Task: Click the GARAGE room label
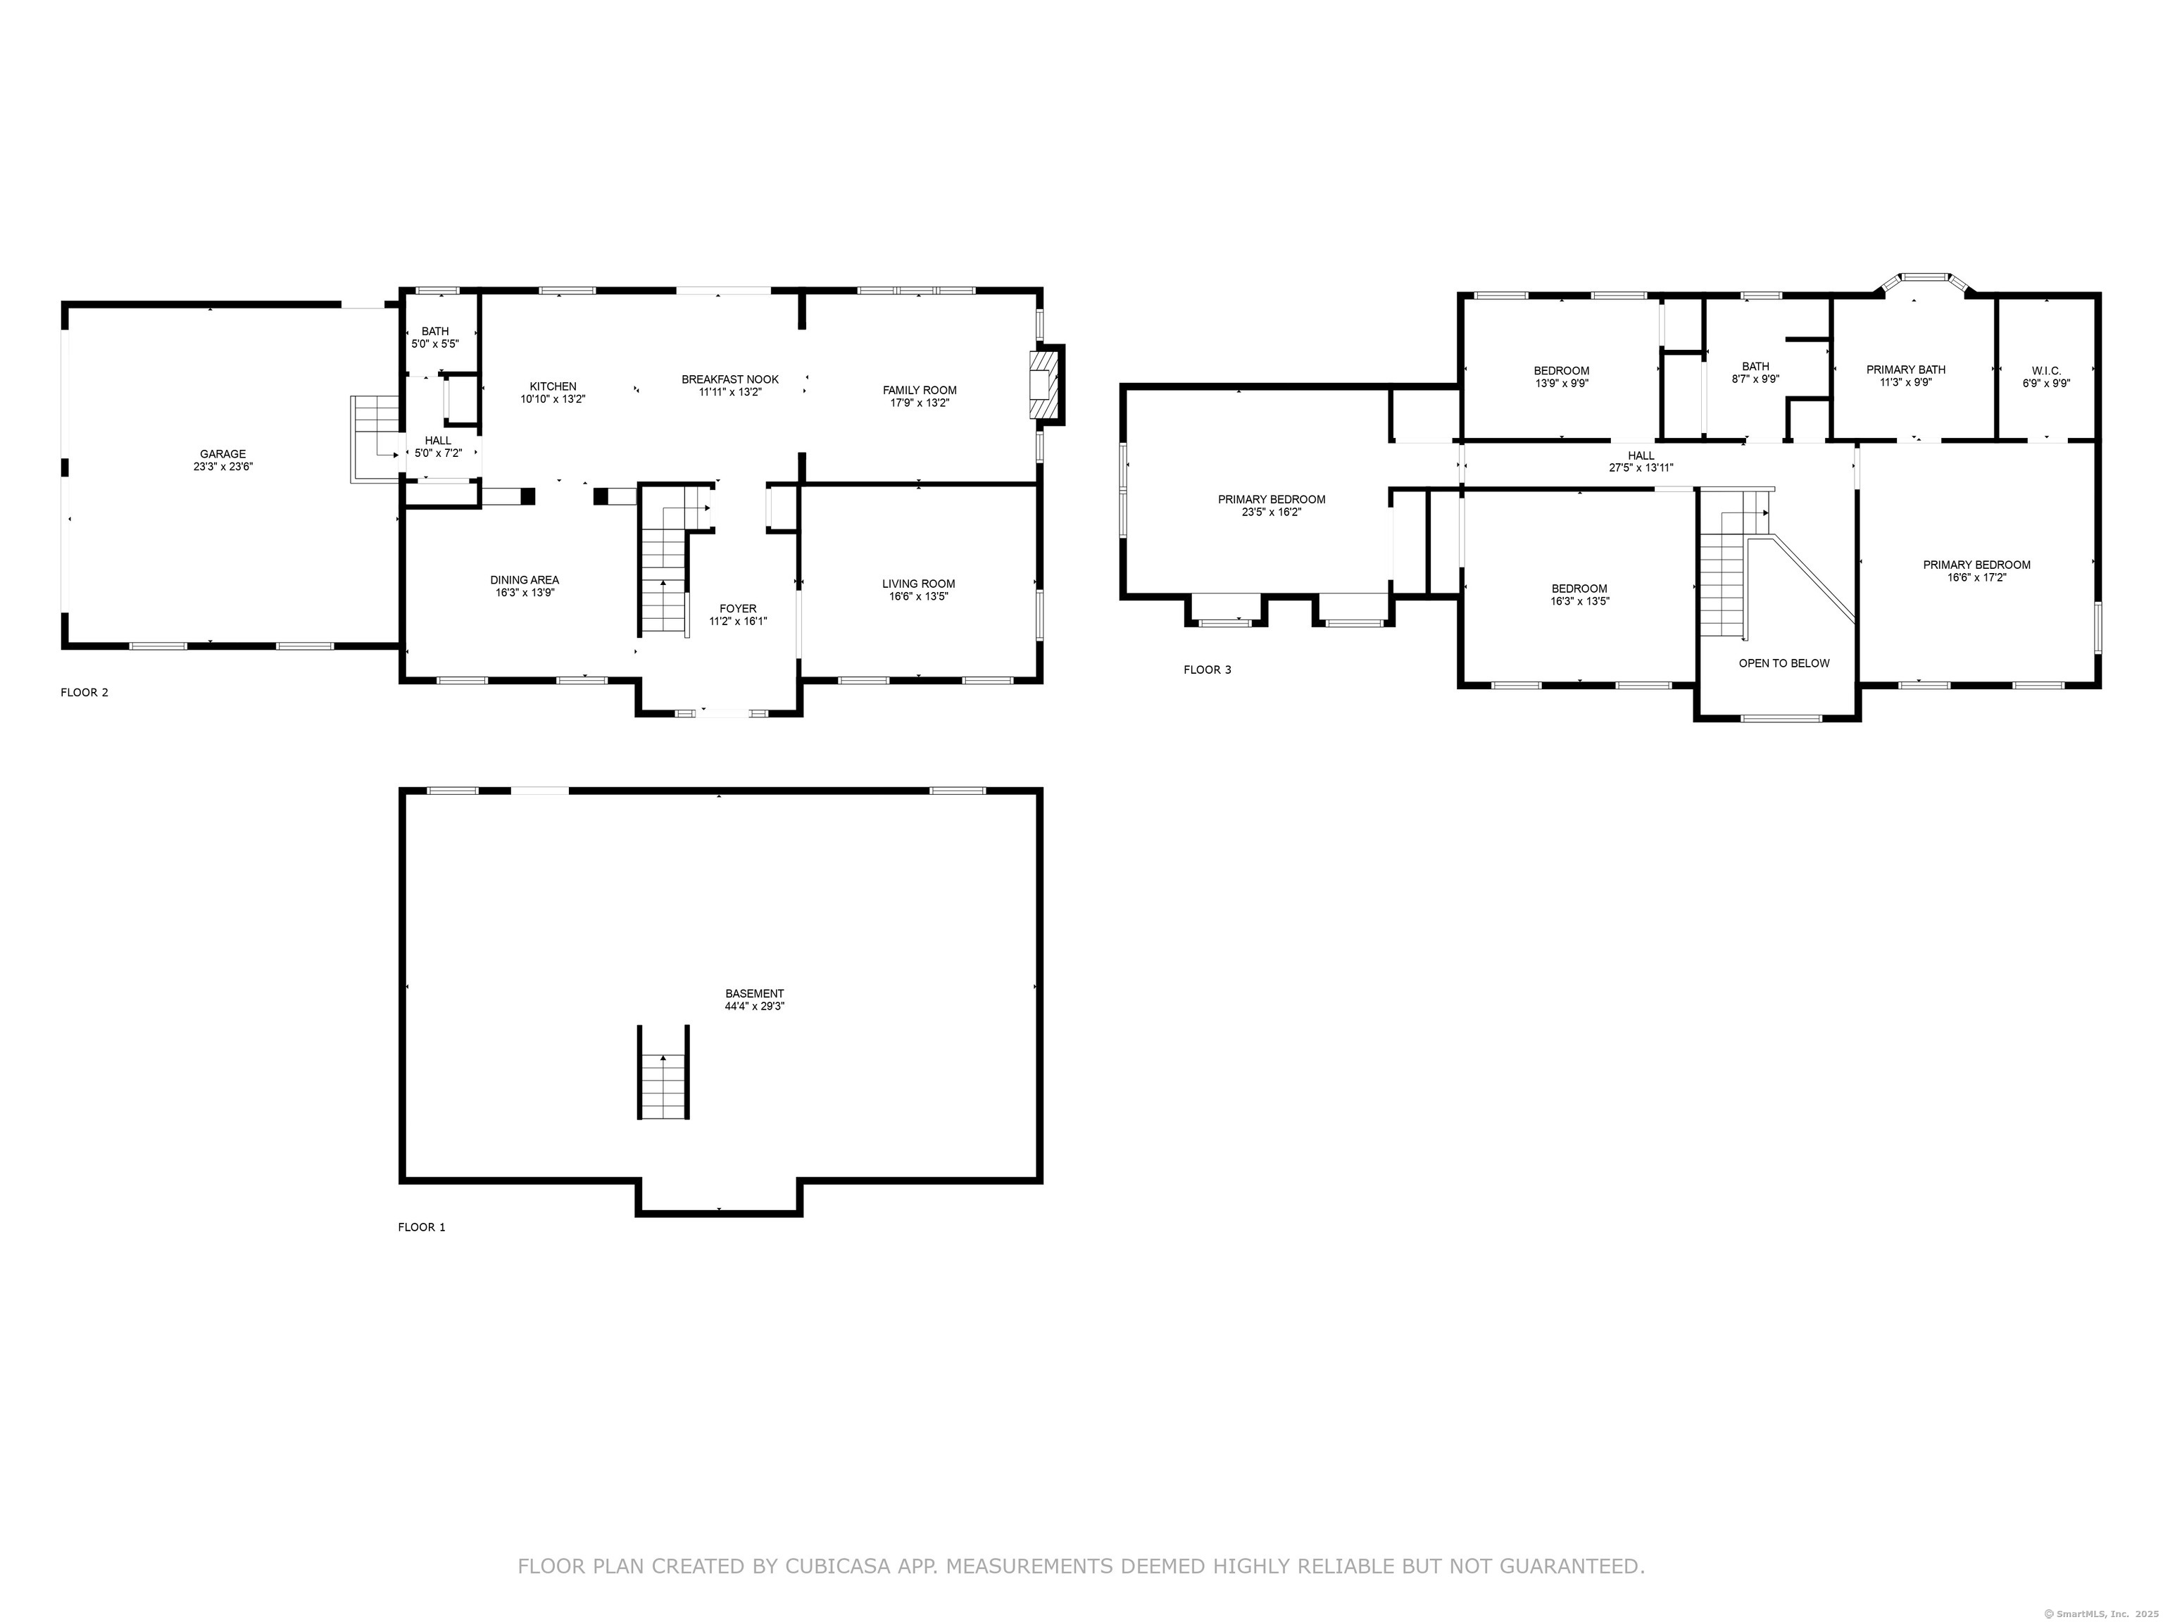tap(223, 453)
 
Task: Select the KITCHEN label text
tap(553, 386)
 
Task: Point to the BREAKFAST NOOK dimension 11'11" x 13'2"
tap(729, 392)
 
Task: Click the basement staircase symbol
tap(664, 1073)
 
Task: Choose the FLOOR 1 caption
tap(422, 1227)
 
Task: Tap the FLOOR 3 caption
tap(1208, 669)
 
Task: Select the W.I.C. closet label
tap(2045, 370)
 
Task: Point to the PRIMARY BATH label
tap(1906, 370)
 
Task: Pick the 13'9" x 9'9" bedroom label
tap(1562, 383)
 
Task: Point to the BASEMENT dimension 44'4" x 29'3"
tap(754, 1006)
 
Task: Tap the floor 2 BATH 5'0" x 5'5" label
tap(435, 337)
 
